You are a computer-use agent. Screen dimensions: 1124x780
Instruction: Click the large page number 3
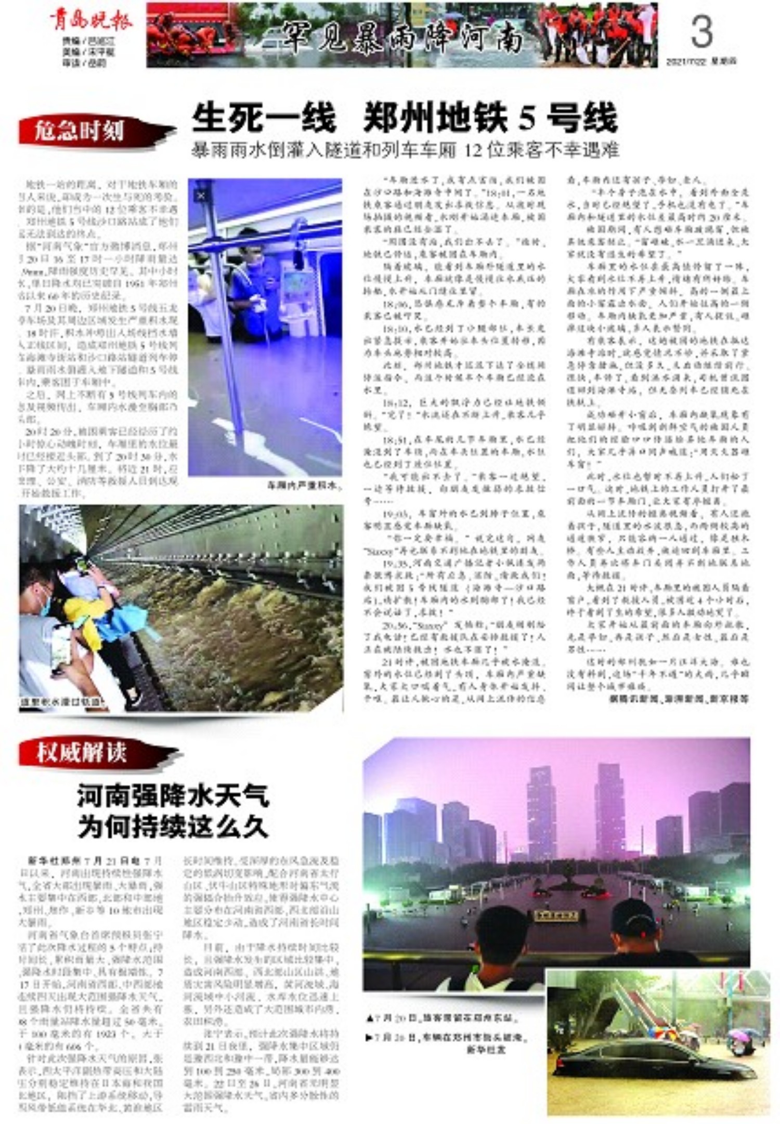[701, 32]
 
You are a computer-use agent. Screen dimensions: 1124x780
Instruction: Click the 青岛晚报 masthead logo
[92, 20]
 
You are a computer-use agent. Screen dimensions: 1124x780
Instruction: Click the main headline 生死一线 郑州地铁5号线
[405, 118]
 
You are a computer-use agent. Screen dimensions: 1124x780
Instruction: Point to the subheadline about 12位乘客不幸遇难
[405, 151]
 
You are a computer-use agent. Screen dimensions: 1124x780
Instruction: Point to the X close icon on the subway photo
[201, 195]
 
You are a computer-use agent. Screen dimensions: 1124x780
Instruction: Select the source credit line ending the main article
[679, 699]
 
